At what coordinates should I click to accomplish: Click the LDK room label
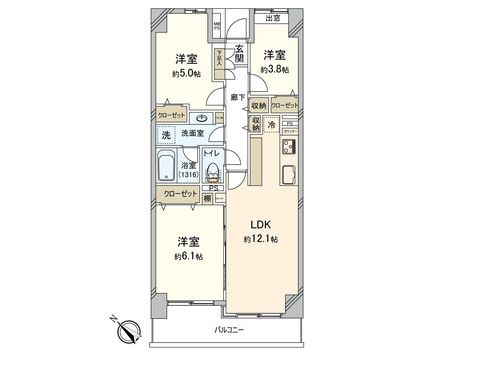[261, 225]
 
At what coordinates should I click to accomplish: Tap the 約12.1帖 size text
[261, 239]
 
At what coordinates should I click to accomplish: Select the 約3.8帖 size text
[274, 70]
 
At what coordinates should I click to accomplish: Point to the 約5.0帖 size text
[186, 74]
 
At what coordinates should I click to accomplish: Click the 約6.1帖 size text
[188, 257]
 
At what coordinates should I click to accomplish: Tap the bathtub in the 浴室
[166, 166]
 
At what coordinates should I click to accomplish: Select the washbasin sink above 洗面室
[201, 118]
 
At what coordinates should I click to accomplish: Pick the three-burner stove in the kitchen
[289, 146]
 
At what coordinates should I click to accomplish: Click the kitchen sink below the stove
[289, 175]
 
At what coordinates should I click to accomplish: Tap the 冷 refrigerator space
[271, 124]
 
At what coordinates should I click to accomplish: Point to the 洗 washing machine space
[166, 135]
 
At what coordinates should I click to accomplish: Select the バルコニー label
[229, 330]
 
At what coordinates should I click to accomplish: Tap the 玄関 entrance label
[239, 54]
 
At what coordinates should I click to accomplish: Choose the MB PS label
[217, 26]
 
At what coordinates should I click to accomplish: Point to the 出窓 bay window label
[273, 18]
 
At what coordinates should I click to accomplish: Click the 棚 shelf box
[207, 199]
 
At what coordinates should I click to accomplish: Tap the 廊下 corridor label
[238, 97]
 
